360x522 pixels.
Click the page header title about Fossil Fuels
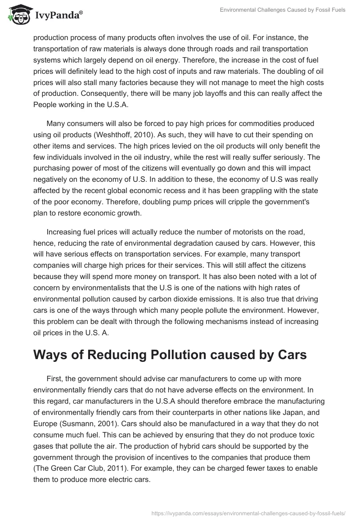click(283, 10)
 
